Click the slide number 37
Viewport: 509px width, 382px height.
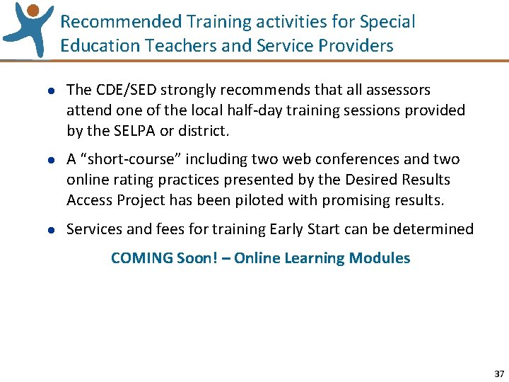pyautogui.click(x=499, y=374)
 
